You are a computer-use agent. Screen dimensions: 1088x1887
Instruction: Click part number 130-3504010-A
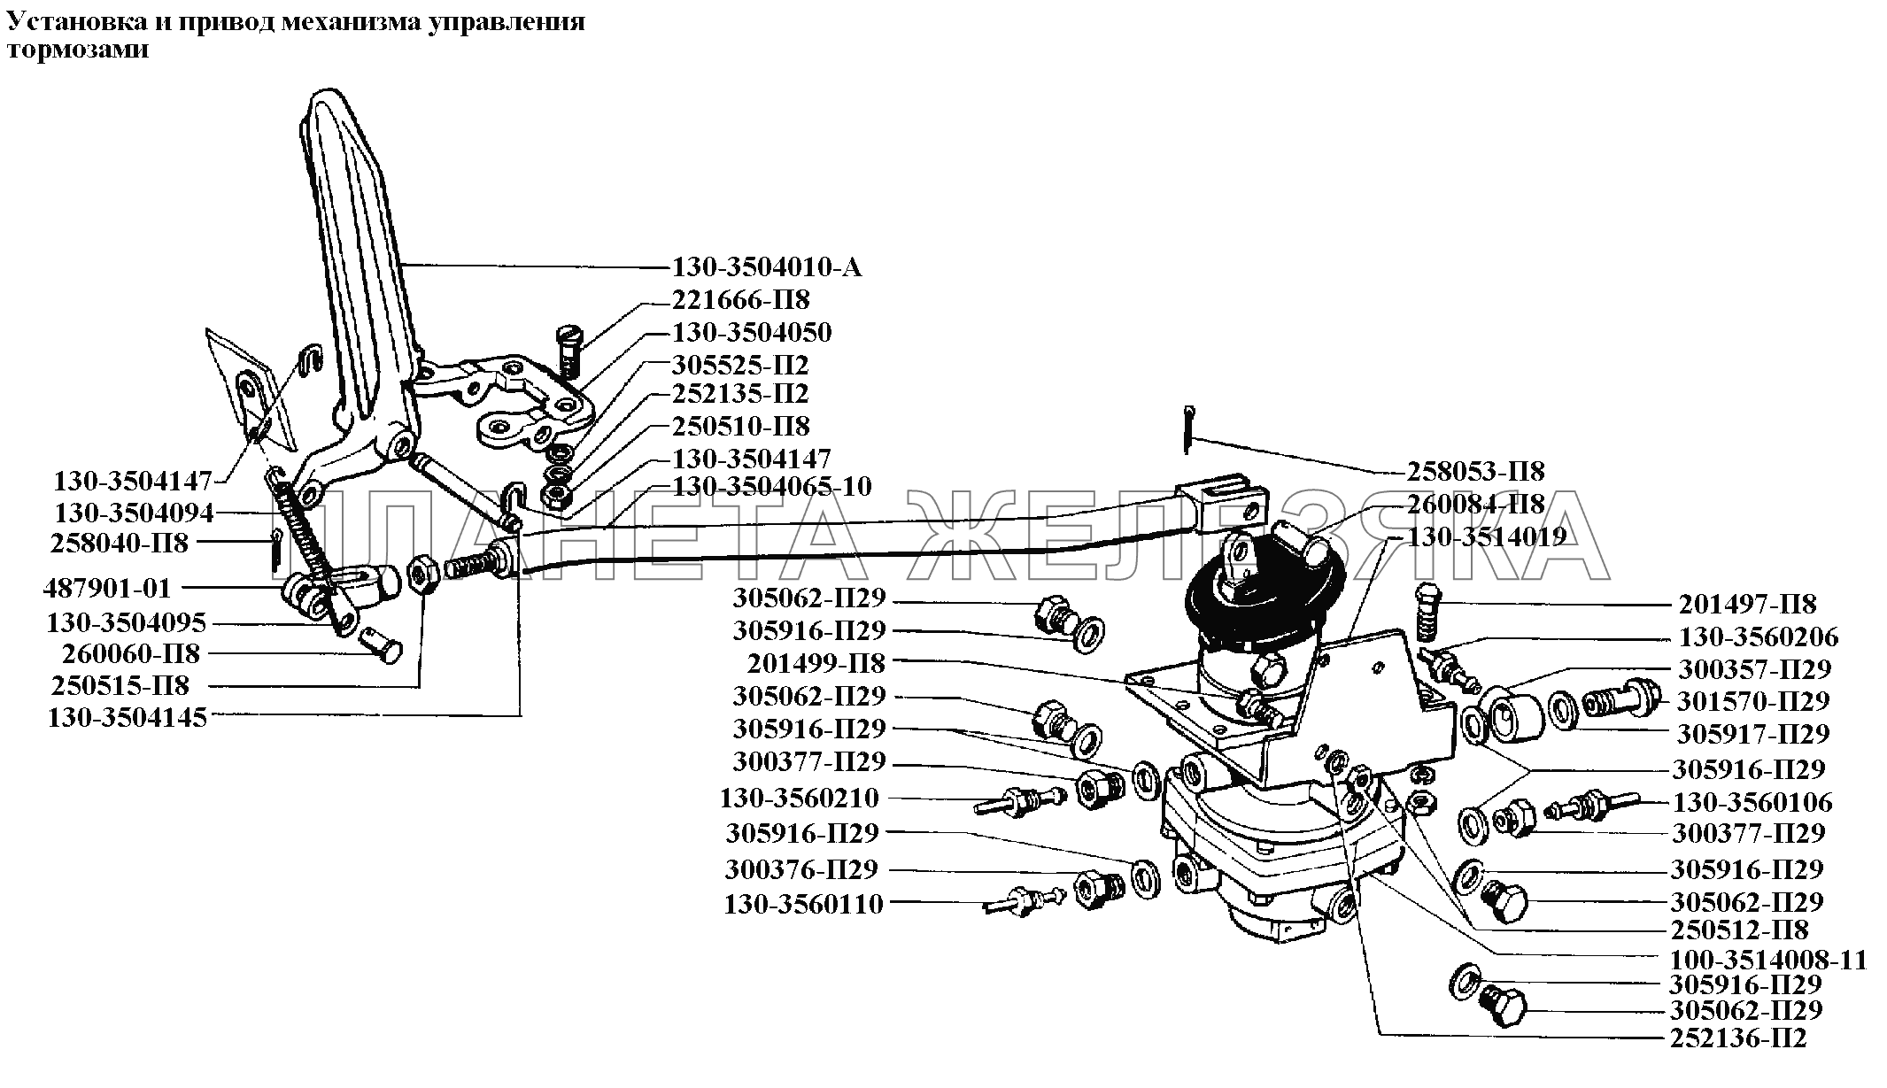point(767,267)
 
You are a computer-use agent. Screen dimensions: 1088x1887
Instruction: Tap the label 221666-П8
point(740,300)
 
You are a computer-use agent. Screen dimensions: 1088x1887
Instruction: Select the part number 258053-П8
point(1475,471)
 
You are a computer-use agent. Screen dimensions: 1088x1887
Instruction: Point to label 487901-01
point(107,589)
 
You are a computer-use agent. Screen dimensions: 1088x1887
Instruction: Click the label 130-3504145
point(127,717)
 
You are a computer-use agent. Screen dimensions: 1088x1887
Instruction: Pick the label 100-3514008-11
point(1767,961)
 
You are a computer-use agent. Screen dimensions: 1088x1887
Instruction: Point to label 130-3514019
point(1488,536)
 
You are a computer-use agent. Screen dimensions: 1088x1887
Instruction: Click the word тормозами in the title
point(77,50)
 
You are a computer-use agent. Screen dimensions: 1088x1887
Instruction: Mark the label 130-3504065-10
point(771,486)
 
